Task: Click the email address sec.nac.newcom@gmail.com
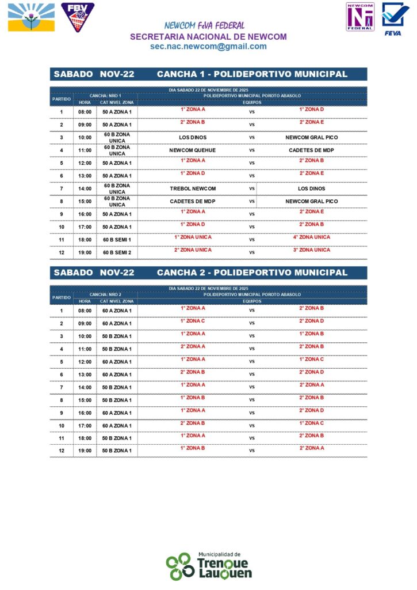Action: [208, 47]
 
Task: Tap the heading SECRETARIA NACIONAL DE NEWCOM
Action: [208, 36]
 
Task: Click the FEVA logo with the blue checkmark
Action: [396, 19]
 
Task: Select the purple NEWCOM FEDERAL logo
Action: [360, 17]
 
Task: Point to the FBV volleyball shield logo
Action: [78, 17]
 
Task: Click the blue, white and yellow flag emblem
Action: [32, 17]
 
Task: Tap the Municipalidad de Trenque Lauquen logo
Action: [208, 566]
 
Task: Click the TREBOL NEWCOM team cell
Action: [193, 188]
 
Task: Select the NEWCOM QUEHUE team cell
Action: [193, 150]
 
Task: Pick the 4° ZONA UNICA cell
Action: [311, 237]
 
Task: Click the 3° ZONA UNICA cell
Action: [311, 249]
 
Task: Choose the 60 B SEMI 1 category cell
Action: [117, 240]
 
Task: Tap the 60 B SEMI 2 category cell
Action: [117, 252]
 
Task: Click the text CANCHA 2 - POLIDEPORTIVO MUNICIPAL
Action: [252, 273]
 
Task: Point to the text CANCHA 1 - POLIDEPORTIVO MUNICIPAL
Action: [252, 74]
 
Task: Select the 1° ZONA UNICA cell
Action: [193, 237]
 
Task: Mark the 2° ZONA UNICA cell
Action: [193, 249]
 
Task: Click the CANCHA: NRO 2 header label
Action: [105, 294]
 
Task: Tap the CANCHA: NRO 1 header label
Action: [105, 96]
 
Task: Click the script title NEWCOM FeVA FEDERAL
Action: [204, 26]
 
